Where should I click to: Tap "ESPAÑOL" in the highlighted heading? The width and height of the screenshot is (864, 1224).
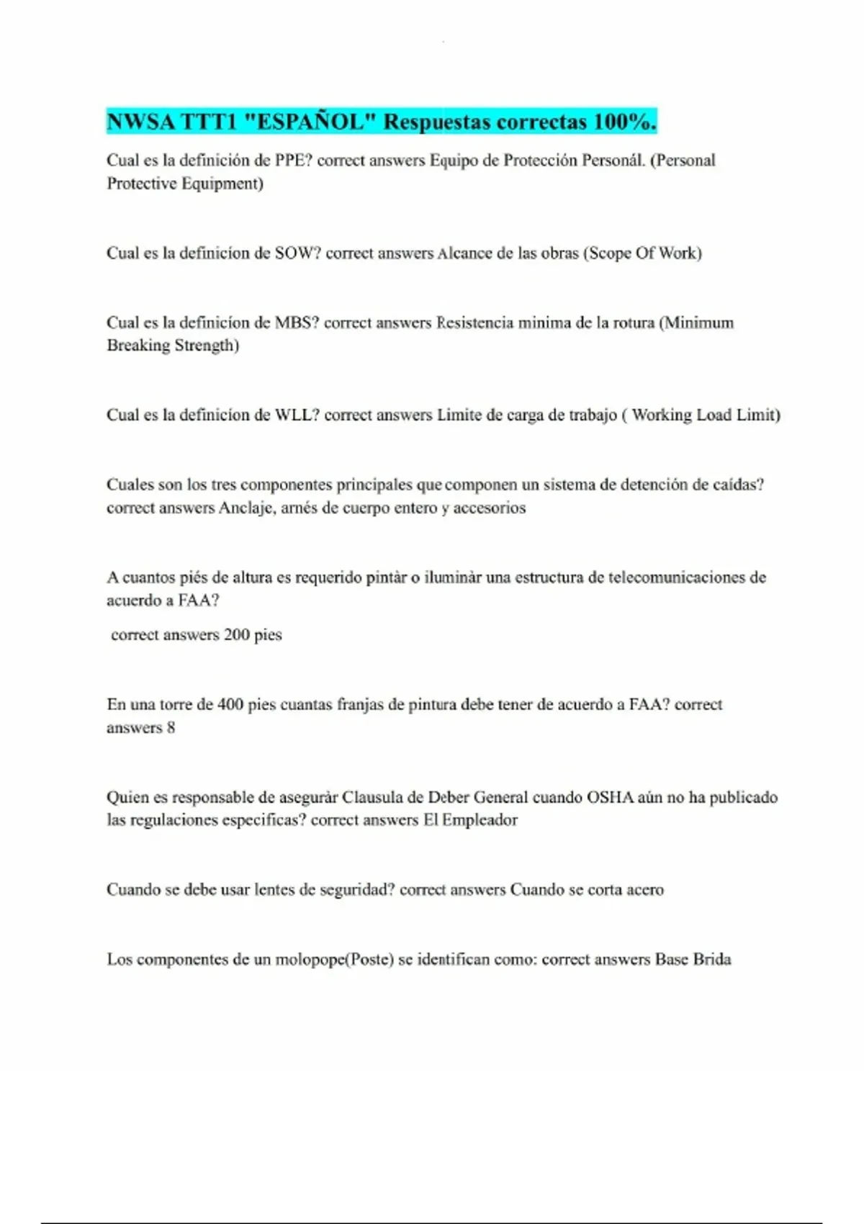pos(310,122)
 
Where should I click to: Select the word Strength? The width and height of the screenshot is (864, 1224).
pos(207,346)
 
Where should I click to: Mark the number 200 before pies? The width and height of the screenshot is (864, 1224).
pos(236,635)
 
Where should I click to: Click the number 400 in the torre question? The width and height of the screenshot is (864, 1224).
pos(230,704)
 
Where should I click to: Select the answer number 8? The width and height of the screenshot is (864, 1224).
pos(171,727)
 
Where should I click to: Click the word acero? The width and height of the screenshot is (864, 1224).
pos(644,890)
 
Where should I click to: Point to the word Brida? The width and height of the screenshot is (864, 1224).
pos(711,960)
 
